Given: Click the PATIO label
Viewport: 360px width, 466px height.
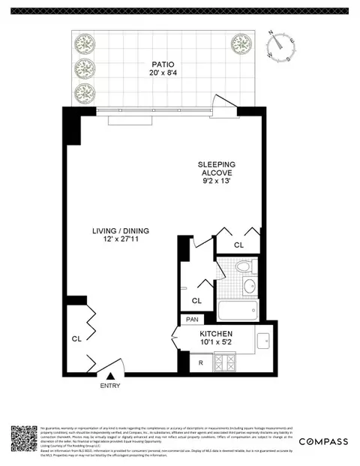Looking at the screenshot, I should [x=161, y=65].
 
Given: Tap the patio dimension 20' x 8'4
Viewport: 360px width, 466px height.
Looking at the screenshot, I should [x=161, y=74].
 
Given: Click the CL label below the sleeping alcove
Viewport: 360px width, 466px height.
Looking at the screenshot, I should [x=238, y=245].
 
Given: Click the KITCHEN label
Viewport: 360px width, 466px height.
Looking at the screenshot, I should [x=216, y=333].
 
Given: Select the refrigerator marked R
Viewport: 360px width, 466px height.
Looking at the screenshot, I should [x=200, y=363].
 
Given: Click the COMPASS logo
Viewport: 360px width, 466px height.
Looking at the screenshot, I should [x=324, y=441].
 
